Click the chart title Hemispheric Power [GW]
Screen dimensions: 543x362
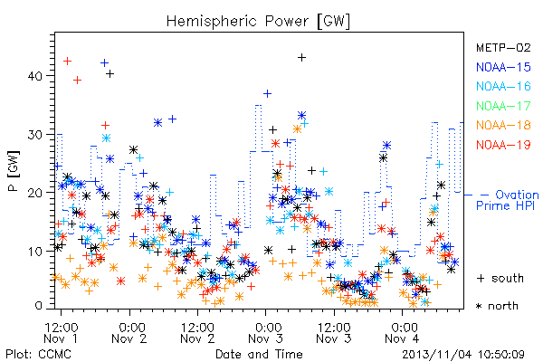(258, 22)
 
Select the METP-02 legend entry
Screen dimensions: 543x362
(503, 47)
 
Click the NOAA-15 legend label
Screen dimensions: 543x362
(503, 67)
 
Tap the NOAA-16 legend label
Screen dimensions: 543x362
(503, 86)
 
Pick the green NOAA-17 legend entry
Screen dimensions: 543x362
(503, 106)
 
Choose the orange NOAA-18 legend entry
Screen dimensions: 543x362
(503, 125)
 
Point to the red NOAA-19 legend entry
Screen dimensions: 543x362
(503, 145)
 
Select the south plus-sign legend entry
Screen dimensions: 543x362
(500, 278)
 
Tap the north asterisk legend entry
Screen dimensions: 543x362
(497, 306)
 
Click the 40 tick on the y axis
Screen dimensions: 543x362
(35, 76)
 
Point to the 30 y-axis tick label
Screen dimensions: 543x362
(35, 135)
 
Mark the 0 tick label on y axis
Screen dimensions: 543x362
(38, 306)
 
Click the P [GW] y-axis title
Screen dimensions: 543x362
(14, 171)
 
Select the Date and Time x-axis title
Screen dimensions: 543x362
(259, 354)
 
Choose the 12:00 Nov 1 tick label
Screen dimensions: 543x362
(61, 333)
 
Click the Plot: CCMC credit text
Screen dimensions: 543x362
(38, 354)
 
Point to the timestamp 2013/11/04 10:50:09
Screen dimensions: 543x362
(463, 355)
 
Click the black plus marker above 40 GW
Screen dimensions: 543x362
(301, 58)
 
